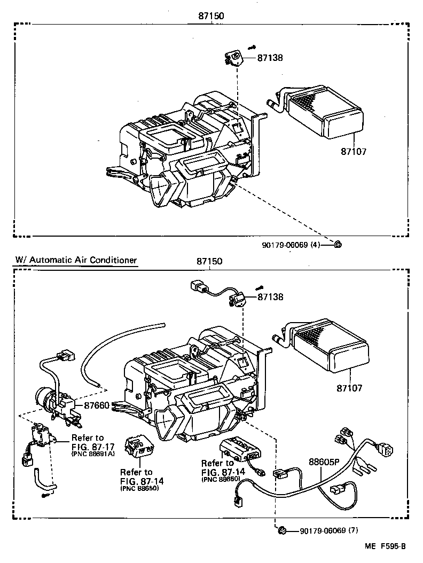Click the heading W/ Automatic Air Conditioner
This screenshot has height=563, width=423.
coord(76,260)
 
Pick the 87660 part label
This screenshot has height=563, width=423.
coord(97,405)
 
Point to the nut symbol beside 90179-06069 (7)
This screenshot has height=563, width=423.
coord(282,530)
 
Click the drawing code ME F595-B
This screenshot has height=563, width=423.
coord(386,546)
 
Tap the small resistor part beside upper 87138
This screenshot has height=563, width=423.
coord(233,58)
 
